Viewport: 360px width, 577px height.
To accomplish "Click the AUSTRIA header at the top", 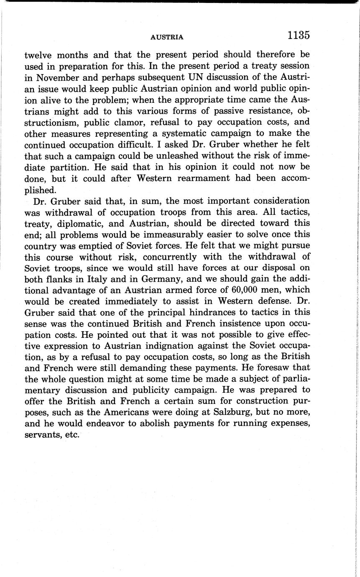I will [x=167, y=37].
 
